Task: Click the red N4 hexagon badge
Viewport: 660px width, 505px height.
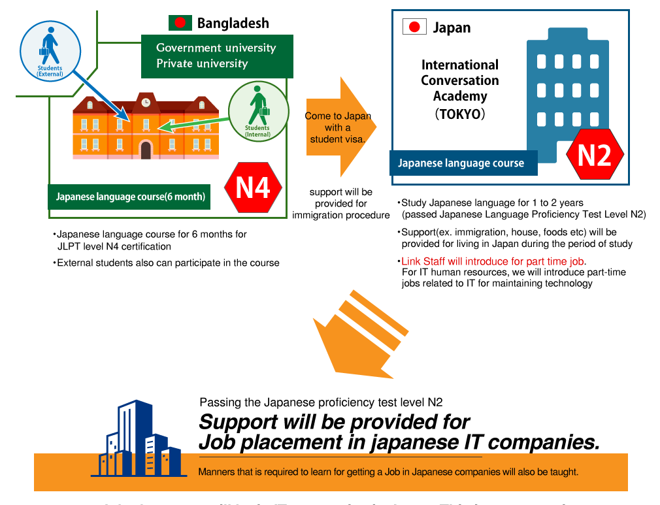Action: (253, 188)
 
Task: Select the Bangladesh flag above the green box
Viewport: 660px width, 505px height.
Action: (180, 23)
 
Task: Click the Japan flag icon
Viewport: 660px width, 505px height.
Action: (414, 27)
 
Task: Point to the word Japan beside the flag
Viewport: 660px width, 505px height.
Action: (452, 28)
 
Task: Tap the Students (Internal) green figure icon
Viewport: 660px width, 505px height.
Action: (258, 108)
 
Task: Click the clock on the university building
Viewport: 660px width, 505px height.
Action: (146, 102)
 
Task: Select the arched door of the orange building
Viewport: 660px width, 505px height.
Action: (146, 150)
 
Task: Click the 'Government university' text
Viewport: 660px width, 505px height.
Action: (216, 48)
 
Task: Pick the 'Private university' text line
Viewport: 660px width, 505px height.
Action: (202, 63)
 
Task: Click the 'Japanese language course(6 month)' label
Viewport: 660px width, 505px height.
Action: (131, 196)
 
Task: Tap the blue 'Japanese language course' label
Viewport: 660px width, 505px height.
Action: (461, 163)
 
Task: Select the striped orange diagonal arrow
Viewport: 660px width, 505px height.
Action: (361, 335)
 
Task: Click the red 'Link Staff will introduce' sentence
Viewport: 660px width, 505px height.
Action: (492, 261)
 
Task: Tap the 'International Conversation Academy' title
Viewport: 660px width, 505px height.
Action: (459, 80)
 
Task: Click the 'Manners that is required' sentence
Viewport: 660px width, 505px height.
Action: (388, 472)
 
